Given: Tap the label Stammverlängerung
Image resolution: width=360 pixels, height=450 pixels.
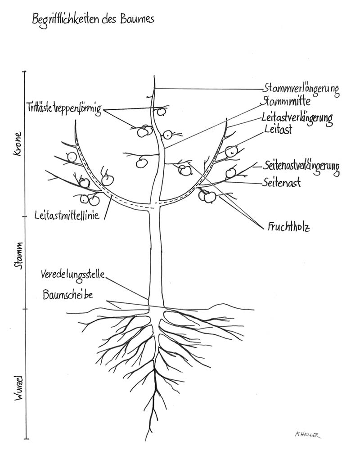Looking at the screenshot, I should click(x=301, y=88).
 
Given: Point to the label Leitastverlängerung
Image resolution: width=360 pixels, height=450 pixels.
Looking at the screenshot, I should click(x=297, y=118).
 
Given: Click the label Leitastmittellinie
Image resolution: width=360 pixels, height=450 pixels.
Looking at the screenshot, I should click(x=67, y=216).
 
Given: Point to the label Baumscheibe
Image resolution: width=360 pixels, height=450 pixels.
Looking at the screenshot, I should click(x=68, y=295).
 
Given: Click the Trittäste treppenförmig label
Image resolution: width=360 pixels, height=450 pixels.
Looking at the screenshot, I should click(x=64, y=108).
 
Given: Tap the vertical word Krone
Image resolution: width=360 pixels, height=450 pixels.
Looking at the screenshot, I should click(x=18, y=144).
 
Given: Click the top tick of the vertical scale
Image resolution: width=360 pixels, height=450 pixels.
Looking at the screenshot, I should click(x=26, y=72).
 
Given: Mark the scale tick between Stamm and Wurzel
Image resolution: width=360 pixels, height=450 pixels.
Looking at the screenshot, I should click(x=26, y=309).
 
